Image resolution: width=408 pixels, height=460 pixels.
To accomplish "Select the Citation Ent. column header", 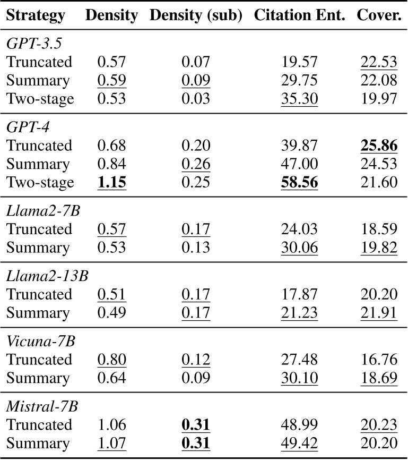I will click(300, 16).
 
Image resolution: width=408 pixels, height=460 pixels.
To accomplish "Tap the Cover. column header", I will click(379, 16).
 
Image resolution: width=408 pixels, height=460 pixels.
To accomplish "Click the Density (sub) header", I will click(196, 16).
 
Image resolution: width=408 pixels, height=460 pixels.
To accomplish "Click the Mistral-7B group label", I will click(42, 406).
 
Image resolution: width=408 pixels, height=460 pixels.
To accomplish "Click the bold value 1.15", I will click(111, 183).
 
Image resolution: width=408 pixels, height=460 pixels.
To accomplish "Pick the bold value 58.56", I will click(300, 183).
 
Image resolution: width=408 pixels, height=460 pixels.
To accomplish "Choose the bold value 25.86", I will click(379, 146).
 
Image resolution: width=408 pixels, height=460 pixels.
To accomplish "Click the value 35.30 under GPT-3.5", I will click(300, 99).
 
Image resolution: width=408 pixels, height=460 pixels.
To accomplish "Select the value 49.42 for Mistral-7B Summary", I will click(300, 443).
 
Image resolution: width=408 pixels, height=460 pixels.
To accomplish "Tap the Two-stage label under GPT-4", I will click(40, 183).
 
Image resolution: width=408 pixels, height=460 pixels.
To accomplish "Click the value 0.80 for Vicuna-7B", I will click(111, 360).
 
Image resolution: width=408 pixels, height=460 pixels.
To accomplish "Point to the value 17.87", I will click(300, 294).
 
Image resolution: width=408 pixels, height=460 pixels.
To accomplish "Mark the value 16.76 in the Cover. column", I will click(379, 360).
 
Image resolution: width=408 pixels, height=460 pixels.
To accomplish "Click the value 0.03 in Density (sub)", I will click(196, 99).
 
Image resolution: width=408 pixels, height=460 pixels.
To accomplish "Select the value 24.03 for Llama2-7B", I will click(300, 229).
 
